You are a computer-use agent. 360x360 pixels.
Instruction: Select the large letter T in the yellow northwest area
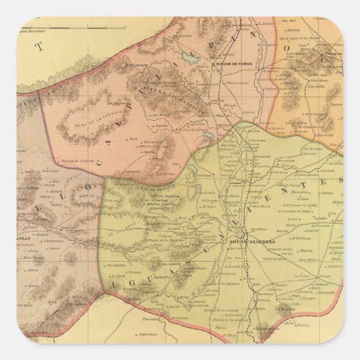coord(39,48)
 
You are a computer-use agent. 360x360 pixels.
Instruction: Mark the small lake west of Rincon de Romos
coord(186,56)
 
